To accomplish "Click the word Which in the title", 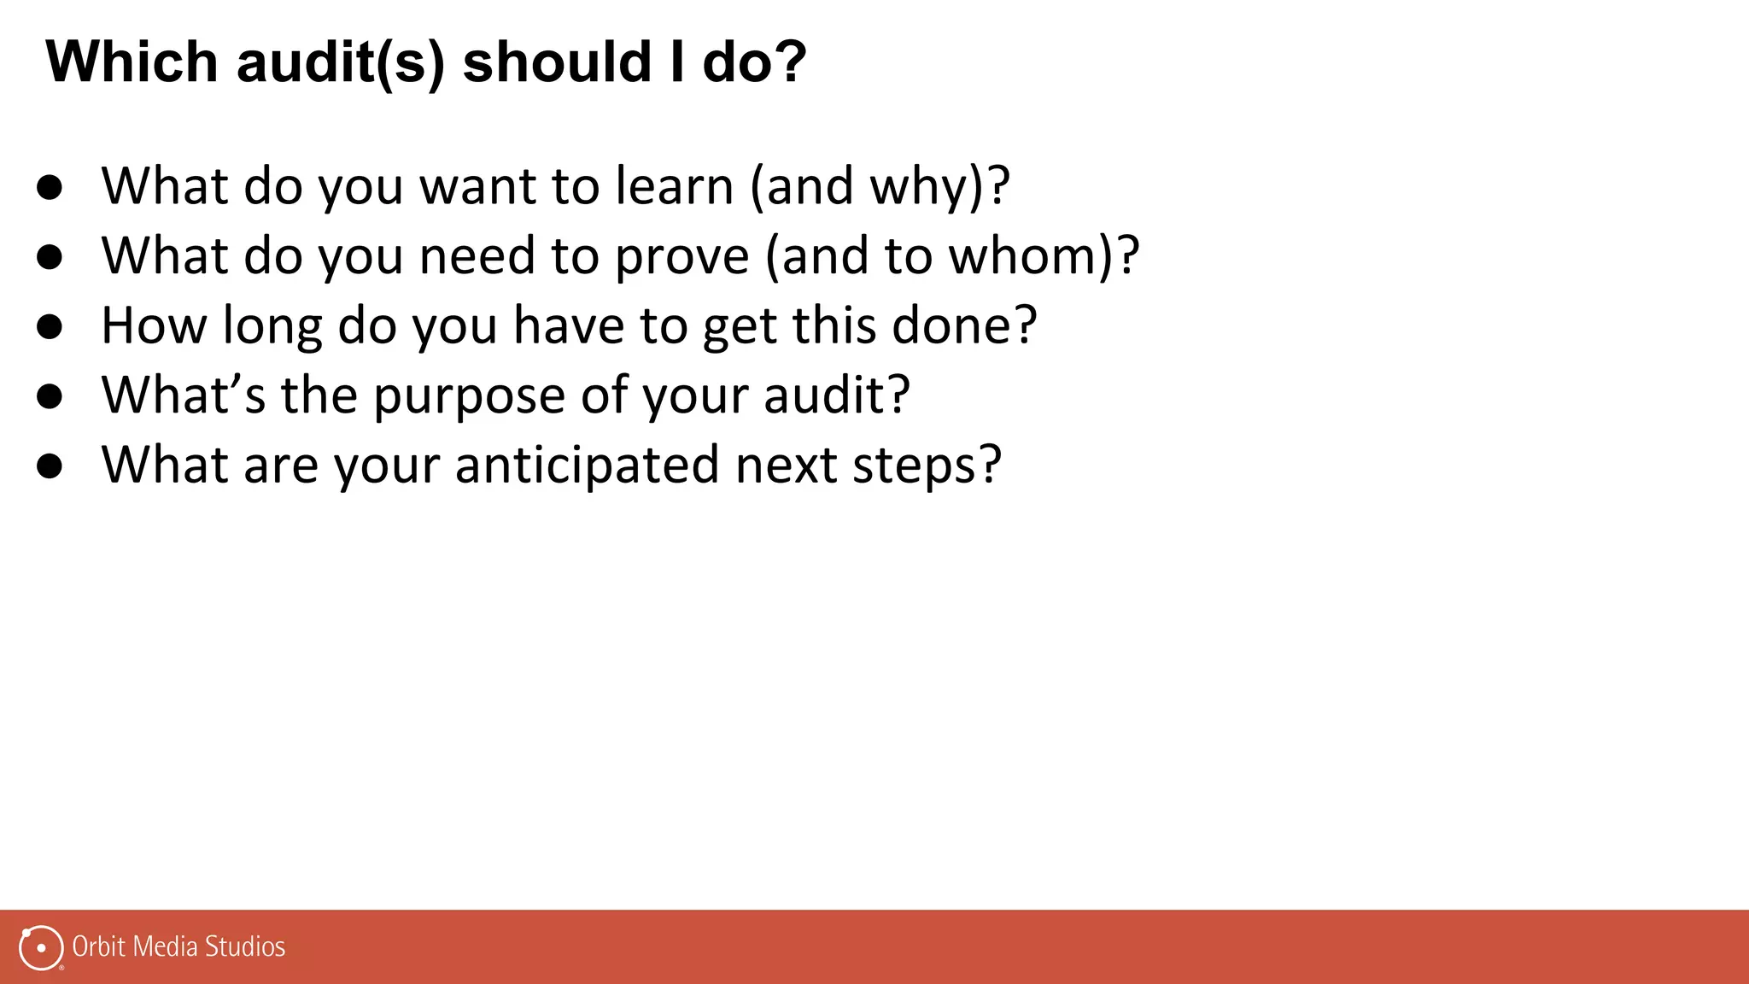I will click(132, 61).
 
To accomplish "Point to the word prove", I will click(681, 256).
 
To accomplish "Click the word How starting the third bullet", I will click(154, 325).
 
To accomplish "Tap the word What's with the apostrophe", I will click(183, 395).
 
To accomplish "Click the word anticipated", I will click(587, 466).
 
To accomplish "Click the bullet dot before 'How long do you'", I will click(50, 326).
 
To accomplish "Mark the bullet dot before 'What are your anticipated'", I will click(50, 466).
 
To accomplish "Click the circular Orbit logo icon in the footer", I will click(41, 947).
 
